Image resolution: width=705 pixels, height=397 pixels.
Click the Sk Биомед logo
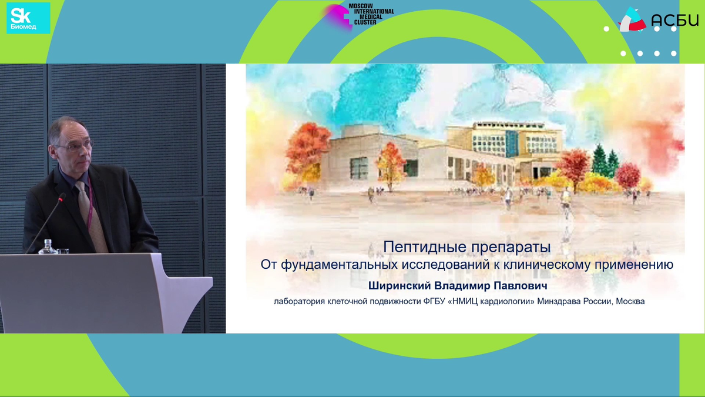28,18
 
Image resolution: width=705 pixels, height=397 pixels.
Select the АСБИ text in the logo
675,21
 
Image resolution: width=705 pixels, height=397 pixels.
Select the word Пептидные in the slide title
422,248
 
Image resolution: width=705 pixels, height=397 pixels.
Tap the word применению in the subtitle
633,265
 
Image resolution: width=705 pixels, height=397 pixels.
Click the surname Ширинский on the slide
399,286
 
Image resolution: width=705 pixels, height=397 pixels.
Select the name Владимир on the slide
462,286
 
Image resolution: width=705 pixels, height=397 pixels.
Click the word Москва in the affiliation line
630,302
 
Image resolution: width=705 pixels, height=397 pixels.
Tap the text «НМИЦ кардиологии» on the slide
491,302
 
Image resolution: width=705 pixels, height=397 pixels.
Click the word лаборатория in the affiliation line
299,302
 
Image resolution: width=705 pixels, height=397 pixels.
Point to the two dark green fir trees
606,161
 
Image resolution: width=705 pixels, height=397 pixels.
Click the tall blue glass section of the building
512,144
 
